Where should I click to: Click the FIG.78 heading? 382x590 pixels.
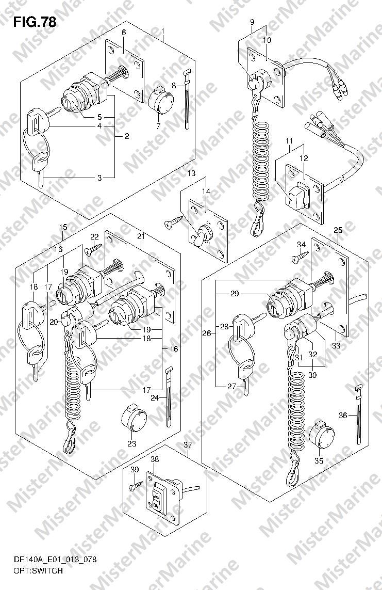[35, 22]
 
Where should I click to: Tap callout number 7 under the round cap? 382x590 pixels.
[158, 126]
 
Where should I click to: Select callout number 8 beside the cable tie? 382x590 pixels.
[174, 85]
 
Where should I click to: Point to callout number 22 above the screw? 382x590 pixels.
[94, 236]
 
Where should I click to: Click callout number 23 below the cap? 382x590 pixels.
[131, 443]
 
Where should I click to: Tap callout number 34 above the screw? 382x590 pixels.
[302, 245]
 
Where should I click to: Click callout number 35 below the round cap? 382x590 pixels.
[319, 460]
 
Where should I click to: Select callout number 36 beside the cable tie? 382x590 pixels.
[342, 416]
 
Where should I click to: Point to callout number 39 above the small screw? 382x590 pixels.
[135, 470]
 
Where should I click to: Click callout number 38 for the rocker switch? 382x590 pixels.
[155, 459]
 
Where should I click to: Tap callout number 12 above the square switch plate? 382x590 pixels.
[304, 158]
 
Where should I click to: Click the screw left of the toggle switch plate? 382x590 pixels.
[173, 224]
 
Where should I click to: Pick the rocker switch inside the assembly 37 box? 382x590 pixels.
[158, 499]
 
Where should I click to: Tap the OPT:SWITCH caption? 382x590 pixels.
[38, 571]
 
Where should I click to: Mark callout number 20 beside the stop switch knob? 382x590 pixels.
[53, 322]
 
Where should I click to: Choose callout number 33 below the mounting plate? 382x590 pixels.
[337, 345]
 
